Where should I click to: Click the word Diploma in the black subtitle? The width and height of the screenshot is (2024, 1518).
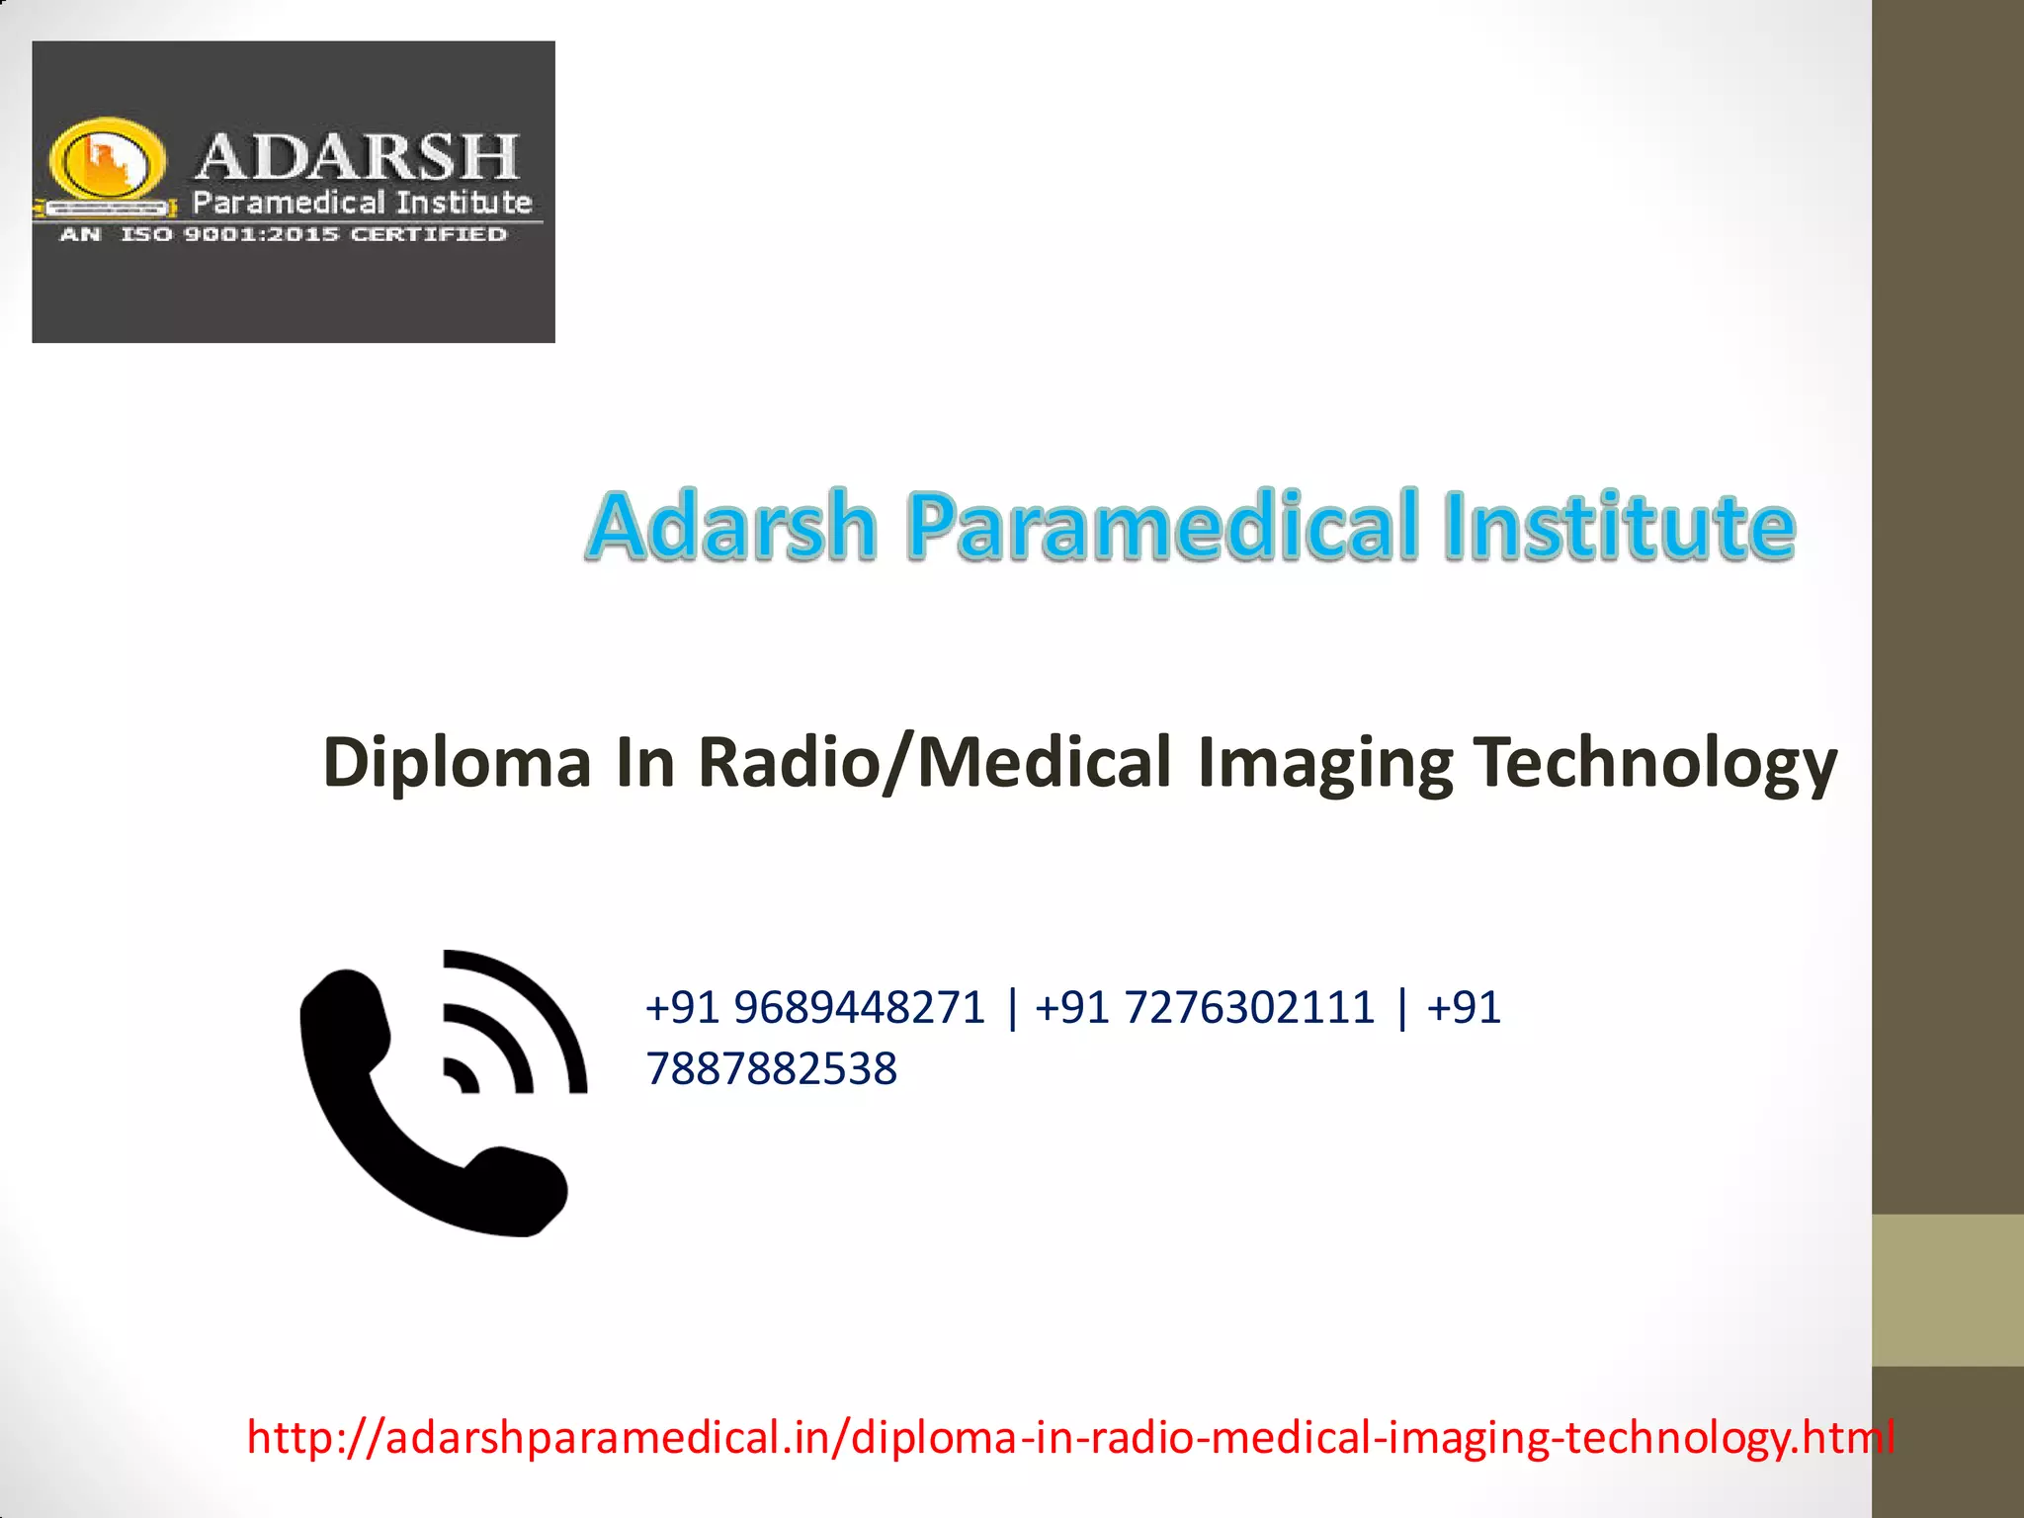click(x=457, y=763)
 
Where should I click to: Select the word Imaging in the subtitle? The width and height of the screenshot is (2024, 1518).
click(x=1324, y=763)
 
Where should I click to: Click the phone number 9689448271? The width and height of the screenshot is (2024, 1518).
click(x=860, y=1008)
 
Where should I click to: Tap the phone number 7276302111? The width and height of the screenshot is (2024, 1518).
click(x=1249, y=1008)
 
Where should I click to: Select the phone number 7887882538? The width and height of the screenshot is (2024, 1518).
click(x=771, y=1068)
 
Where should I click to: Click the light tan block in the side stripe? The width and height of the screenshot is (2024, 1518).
click(x=1947, y=1290)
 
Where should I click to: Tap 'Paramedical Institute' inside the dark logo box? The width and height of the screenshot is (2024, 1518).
click(x=362, y=203)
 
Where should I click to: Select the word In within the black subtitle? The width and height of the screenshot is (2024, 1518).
click(x=644, y=763)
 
